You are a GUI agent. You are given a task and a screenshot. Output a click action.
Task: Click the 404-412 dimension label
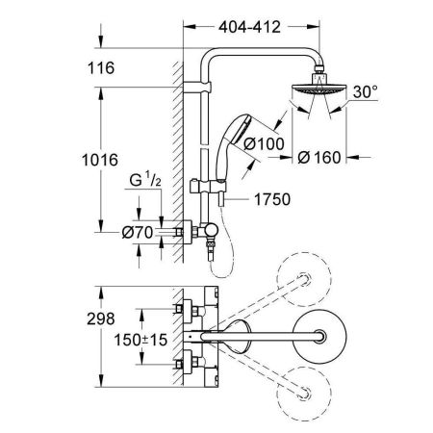(249, 27)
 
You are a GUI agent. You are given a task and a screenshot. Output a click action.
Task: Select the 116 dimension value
(101, 68)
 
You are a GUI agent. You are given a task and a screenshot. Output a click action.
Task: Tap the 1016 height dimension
(100, 160)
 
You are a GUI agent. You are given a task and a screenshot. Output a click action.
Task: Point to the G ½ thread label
(145, 180)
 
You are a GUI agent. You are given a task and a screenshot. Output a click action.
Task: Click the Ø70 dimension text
(138, 233)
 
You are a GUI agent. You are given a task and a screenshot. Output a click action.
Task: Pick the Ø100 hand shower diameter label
(264, 143)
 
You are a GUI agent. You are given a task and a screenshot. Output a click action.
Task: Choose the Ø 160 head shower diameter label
(319, 158)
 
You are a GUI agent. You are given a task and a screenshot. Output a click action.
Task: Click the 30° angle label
(366, 91)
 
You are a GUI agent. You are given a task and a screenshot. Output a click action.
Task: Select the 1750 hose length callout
(272, 199)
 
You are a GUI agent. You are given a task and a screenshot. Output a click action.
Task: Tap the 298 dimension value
(101, 318)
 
